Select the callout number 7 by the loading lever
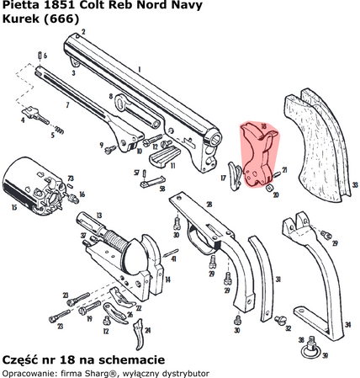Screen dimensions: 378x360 pos(66,107)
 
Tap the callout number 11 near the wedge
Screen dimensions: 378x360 pos(172,166)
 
